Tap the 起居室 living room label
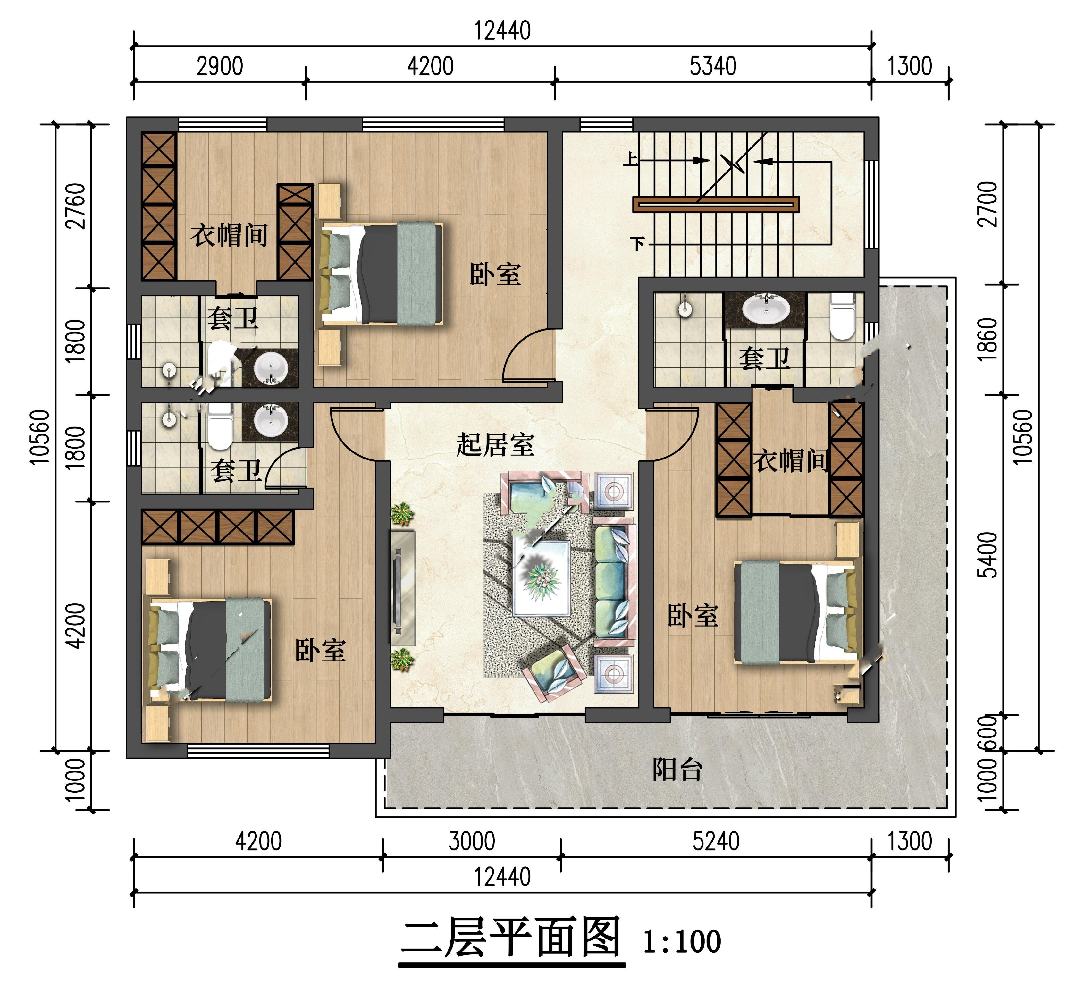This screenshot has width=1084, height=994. pyautogui.click(x=495, y=445)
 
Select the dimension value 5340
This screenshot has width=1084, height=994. pyautogui.click(x=713, y=66)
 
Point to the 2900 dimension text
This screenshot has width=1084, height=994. pyautogui.click(x=220, y=66)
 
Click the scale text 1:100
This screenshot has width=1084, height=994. pyautogui.click(x=682, y=941)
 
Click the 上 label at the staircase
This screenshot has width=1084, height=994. pyautogui.click(x=631, y=159)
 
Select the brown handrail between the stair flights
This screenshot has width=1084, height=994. pyautogui.click(x=716, y=204)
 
